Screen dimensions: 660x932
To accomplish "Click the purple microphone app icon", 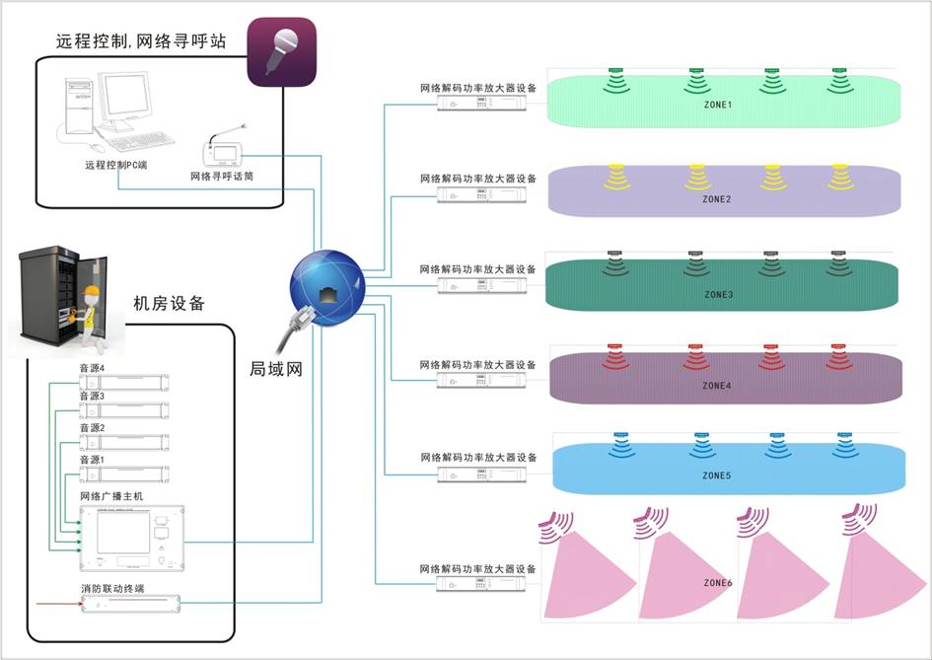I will click(281, 51).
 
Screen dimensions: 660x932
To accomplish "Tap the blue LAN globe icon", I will click(326, 285).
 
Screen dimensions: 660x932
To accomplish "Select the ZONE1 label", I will click(717, 105).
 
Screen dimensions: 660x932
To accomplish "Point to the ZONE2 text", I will click(717, 199).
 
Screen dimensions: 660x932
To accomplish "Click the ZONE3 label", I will click(718, 294).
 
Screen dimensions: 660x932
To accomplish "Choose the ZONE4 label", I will click(717, 386).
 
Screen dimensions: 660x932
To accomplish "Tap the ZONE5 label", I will click(717, 476).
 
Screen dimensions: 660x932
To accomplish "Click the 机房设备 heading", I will click(169, 304).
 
